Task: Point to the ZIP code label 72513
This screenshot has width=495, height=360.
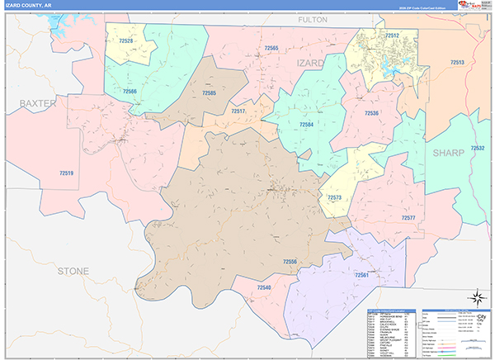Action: point(457,63)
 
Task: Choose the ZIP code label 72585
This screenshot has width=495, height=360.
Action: point(209,93)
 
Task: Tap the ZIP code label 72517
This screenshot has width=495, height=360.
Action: point(238,111)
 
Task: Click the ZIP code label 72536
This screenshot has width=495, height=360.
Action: point(370,113)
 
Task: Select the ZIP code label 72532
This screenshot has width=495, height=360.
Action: point(476,148)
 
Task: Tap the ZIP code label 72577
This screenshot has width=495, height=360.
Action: point(408,217)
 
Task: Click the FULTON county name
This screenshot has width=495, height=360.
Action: point(313,18)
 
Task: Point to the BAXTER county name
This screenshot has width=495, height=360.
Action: point(38,103)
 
